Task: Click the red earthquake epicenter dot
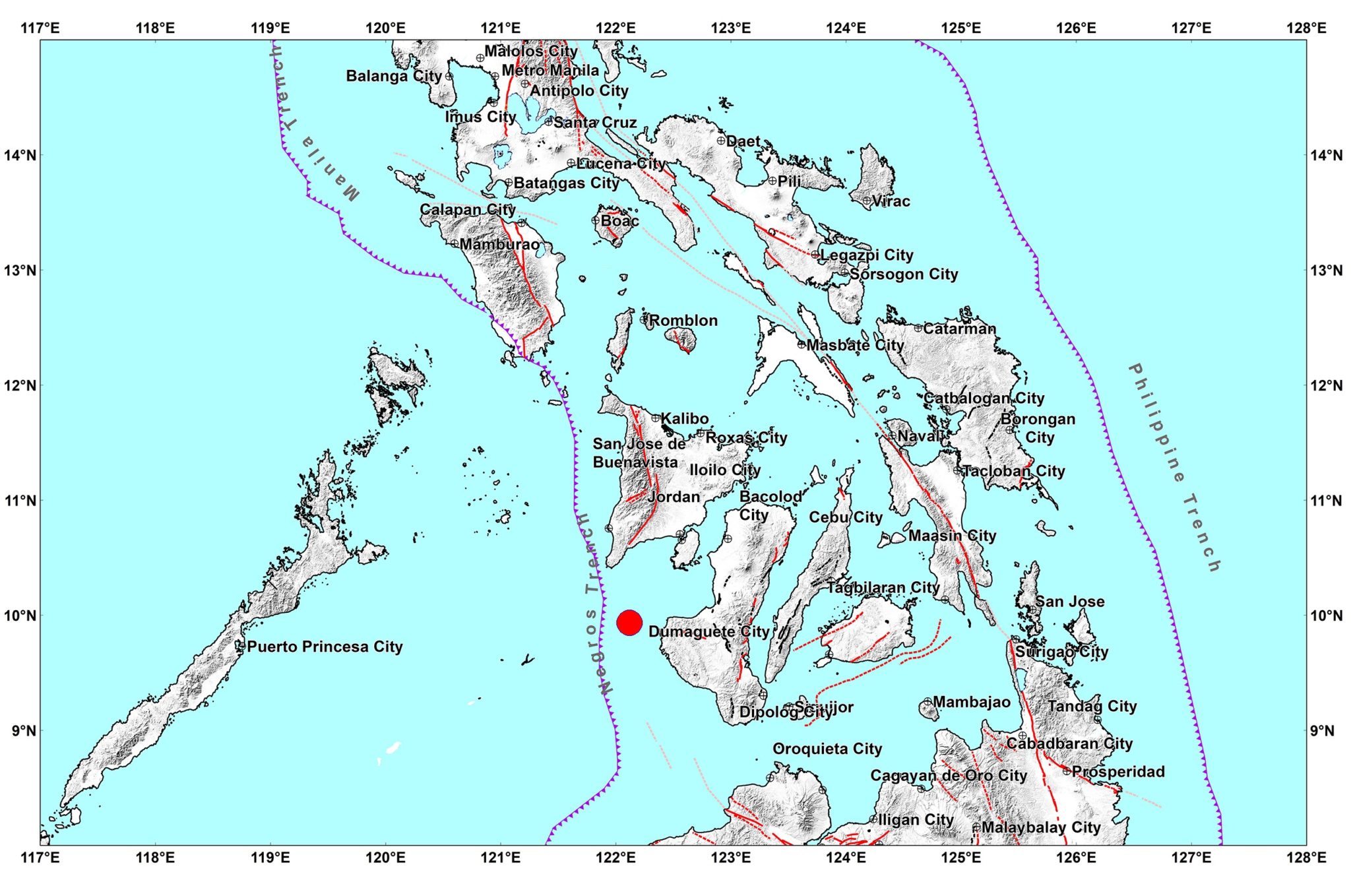pos(629,622)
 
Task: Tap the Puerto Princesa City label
pos(325,647)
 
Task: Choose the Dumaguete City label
pos(708,631)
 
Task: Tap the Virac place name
pos(891,201)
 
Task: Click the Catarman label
pos(959,329)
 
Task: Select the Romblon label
pos(683,321)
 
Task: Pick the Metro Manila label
pos(550,71)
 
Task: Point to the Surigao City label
pos(1061,652)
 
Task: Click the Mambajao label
pos(971,702)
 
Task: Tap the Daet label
pos(743,141)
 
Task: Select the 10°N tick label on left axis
pos(21,616)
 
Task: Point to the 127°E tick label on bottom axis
pos(1191,858)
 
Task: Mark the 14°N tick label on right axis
pos(1326,155)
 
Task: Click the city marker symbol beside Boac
pos(596,220)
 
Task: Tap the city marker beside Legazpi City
pos(815,255)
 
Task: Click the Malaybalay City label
pos(1041,827)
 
